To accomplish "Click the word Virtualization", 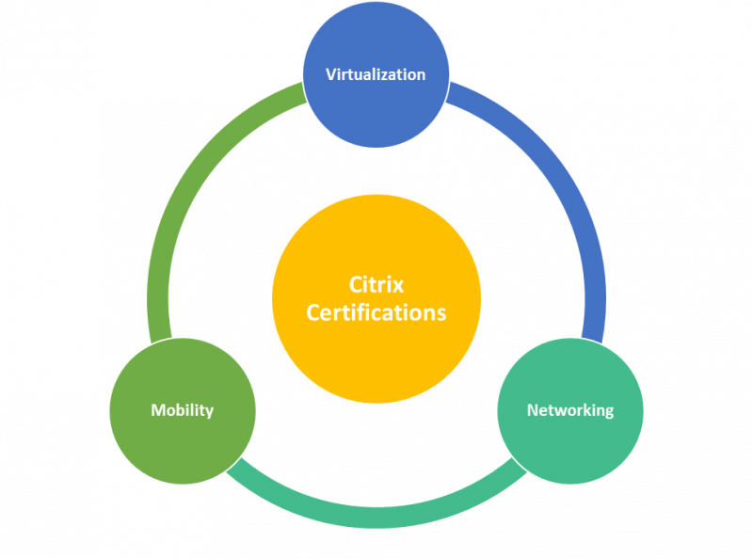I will click(x=376, y=74).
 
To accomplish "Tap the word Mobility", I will click(x=183, y=410).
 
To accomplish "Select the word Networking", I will click(x=569, y=410).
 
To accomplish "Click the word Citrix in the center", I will click(x=376, y=284).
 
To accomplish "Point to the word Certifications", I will click(x=376, y=312).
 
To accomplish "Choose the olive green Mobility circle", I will click(x=183, y=442).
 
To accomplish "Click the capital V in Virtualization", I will click(x=331, y=74).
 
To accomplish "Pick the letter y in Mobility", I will click(x=209, y=413).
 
